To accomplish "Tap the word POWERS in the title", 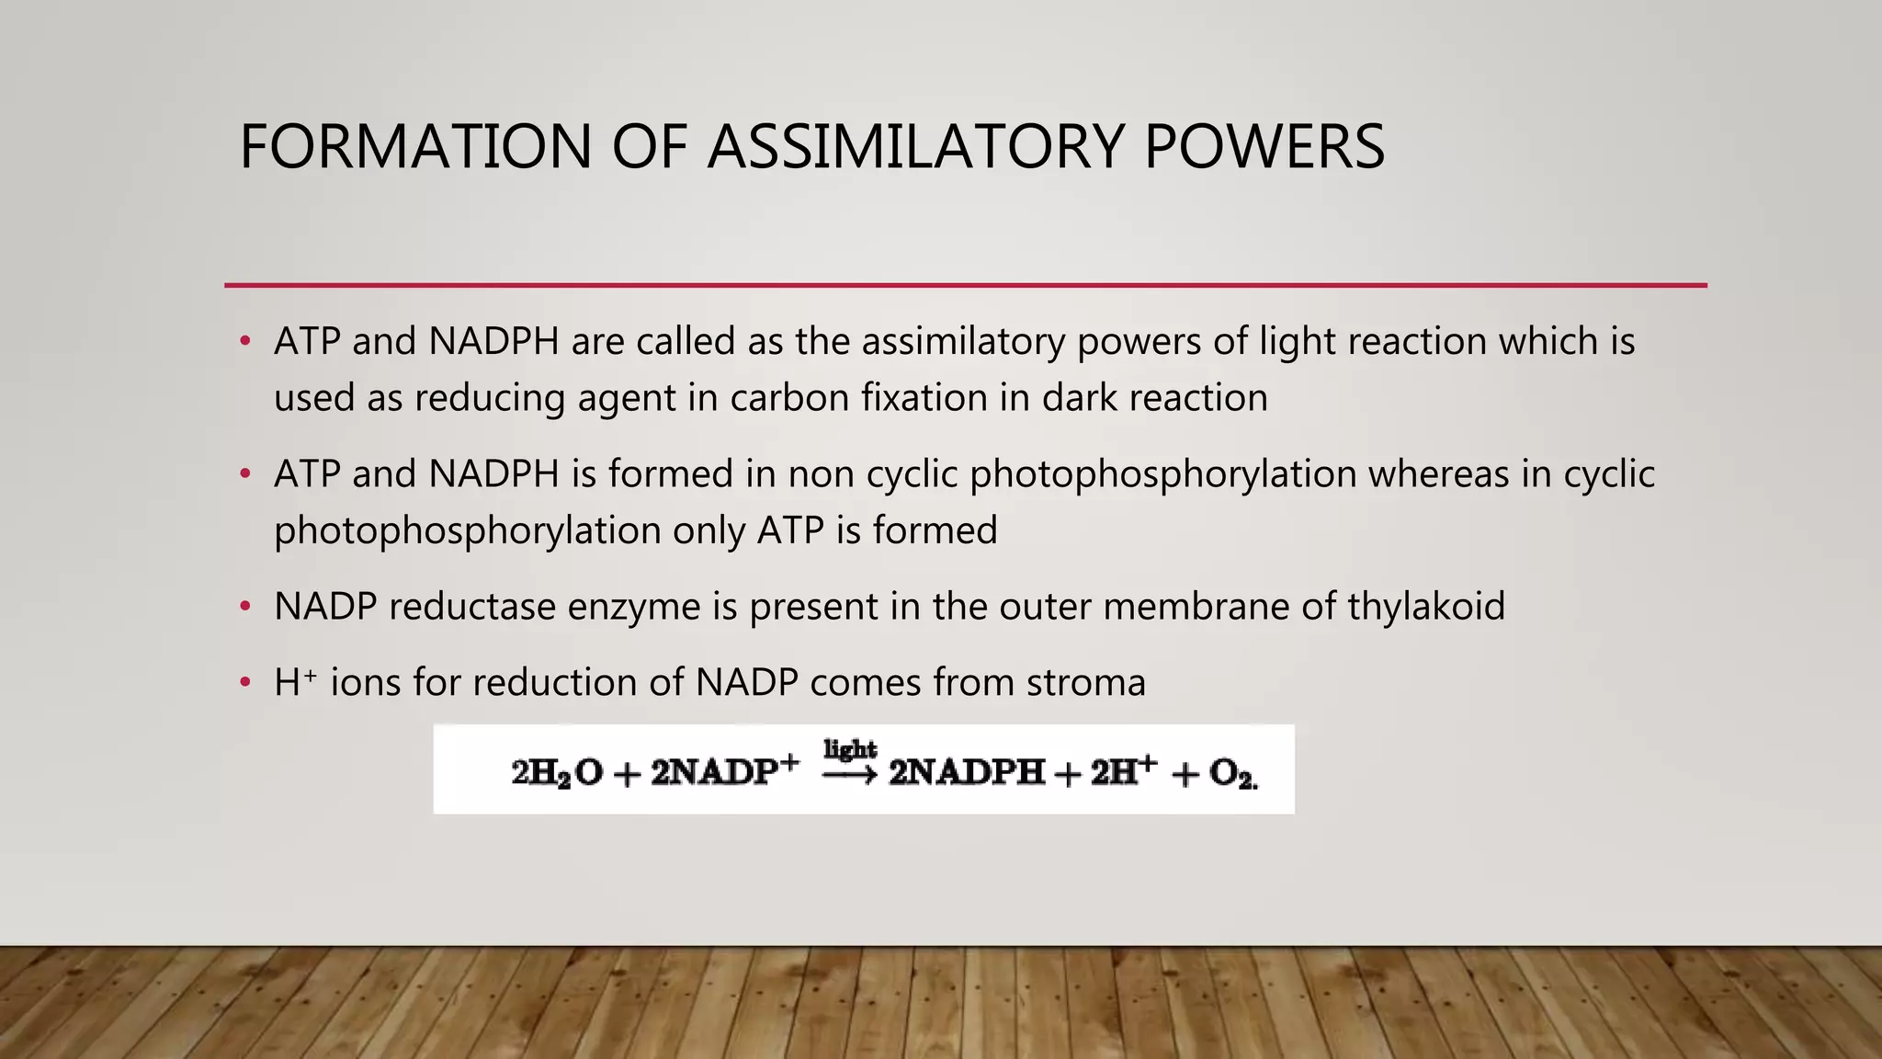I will pyautogui.click(x=1264, y=147).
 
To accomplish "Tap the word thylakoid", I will pyautogui.click(x=1426, y=607).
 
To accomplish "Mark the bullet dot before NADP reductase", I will pyautogui.click(x=244, y=607).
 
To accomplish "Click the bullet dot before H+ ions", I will pyautogui.click(x=244, y=683).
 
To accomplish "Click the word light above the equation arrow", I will pyautogui.click(x=850, y=749).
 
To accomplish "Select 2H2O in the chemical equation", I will pyautogui.click(x=557, y=772).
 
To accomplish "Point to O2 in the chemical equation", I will pyautogui.click(x=1231, y=773).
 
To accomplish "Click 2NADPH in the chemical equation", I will pyautogui.click(x=967, y=772).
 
